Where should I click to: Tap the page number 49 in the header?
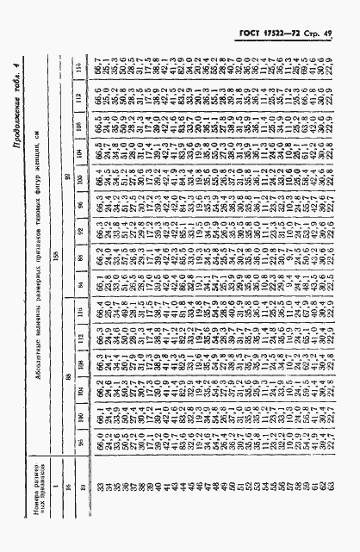338,34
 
